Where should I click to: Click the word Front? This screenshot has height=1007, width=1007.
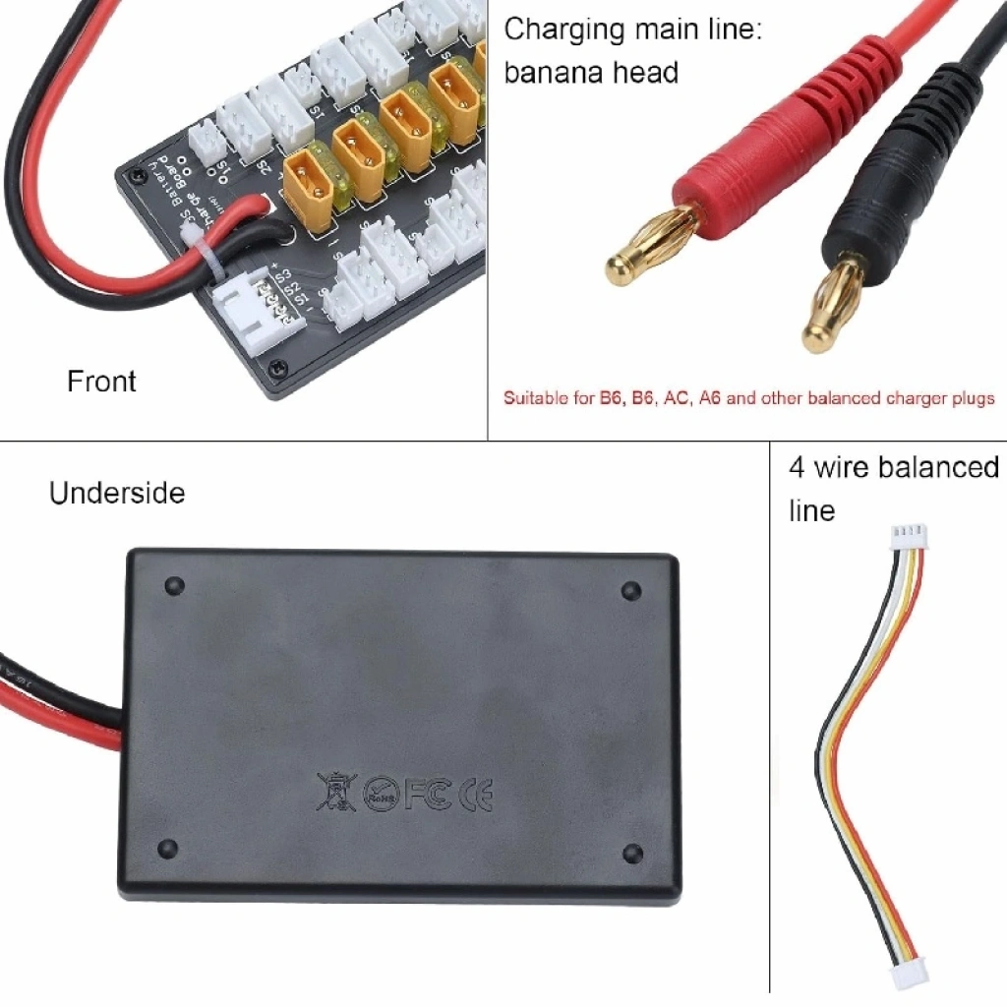[x=101, y=382]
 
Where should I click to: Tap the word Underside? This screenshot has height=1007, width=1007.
[x=117, y=493]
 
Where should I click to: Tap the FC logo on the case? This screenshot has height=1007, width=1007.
[x=427, y=793]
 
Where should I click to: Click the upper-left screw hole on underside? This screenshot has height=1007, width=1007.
[x=175, y=586]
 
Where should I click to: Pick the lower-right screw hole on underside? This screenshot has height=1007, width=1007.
[x=633, y=852]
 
